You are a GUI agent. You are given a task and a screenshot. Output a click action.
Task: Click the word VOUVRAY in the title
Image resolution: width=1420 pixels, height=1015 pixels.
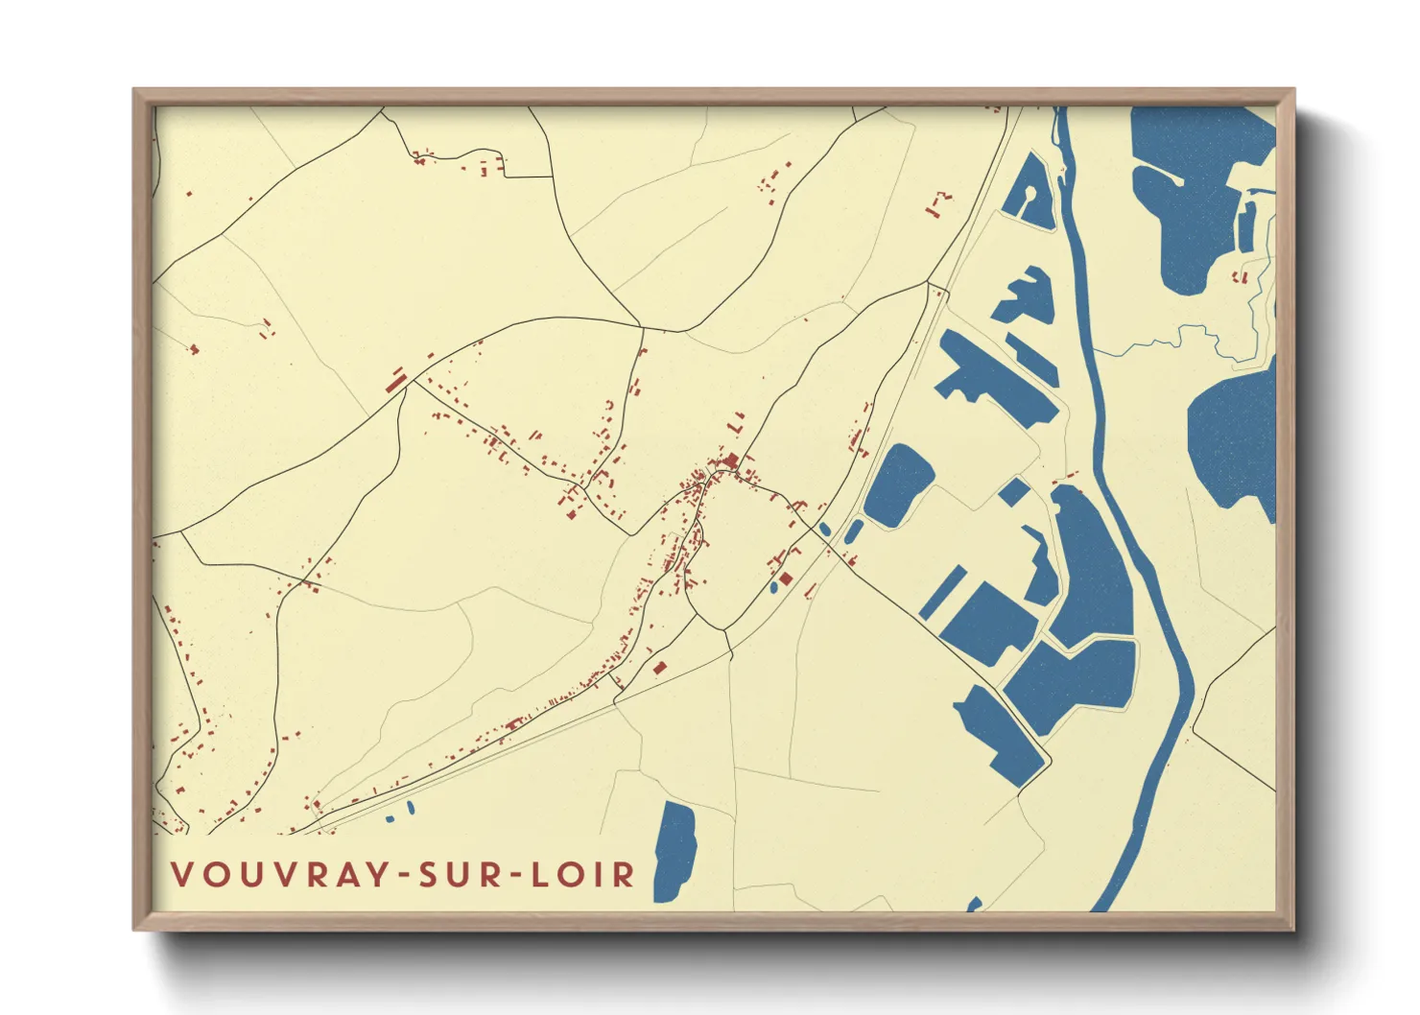point(279,874)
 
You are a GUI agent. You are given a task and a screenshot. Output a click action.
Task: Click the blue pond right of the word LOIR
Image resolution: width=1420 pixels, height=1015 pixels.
point(675,852)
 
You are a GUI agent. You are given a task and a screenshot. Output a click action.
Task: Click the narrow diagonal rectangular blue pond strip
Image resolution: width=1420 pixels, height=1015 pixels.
point(943,592)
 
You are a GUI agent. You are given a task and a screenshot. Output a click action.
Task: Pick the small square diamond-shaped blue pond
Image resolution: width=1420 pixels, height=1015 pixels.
point(1014,492)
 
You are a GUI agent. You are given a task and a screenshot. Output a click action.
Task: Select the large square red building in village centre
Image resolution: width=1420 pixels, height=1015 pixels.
point(734,461)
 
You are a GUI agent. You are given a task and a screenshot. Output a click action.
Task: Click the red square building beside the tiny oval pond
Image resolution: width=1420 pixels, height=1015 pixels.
point(785,578)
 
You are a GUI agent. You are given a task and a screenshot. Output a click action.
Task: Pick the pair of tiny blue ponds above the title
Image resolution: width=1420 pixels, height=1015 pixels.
point(401,813)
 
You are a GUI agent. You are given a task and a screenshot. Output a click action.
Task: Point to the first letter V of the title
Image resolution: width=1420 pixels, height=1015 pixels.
point(182,874)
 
